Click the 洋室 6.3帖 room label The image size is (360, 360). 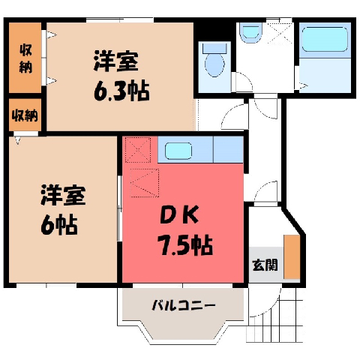pos(121,76)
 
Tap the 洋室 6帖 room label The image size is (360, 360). pos(63,209)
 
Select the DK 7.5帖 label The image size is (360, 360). pos(185,230)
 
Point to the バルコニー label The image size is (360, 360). pos(184,305)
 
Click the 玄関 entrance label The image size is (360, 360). pos(265,265)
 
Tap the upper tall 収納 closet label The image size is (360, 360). pos(25,58)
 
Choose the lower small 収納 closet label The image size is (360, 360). pos(25,115)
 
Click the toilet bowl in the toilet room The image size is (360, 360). pos(214,64)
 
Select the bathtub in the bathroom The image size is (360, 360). pos(325,39)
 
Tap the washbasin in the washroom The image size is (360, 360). pos(250,32)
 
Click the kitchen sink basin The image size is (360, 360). pos(178,151)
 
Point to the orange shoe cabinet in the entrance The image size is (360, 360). pos(292,256)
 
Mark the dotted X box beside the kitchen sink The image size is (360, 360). pos(138,150)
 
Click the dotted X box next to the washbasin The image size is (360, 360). pos(280,34)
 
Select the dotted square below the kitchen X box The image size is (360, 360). pos(145,183)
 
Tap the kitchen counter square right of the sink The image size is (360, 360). pos(228,149)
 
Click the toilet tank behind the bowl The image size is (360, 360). pos(214,48)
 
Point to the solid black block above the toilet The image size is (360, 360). pos(215,31)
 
